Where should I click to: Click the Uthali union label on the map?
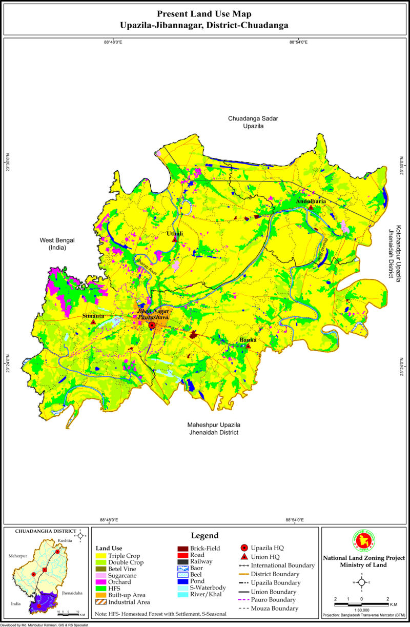[x=175, y=234]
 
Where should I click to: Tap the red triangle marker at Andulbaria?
[x=311, y=207]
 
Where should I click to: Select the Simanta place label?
[x=93, y=316]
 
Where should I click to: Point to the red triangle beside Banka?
[x=248, y=346]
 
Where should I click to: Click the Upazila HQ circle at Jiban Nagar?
[x=152, y=326]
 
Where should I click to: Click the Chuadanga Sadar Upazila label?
[x=253, y=122]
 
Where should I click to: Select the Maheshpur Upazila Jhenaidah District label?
[x=213, y=429]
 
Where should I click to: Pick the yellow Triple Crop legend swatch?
[x=100, y=556]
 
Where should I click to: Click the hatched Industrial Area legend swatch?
[x=100, y=602]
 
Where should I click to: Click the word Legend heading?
[x=204, y=536]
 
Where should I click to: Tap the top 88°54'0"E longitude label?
[x=298, y=43]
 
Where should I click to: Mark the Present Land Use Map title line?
[x=204, y=14]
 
